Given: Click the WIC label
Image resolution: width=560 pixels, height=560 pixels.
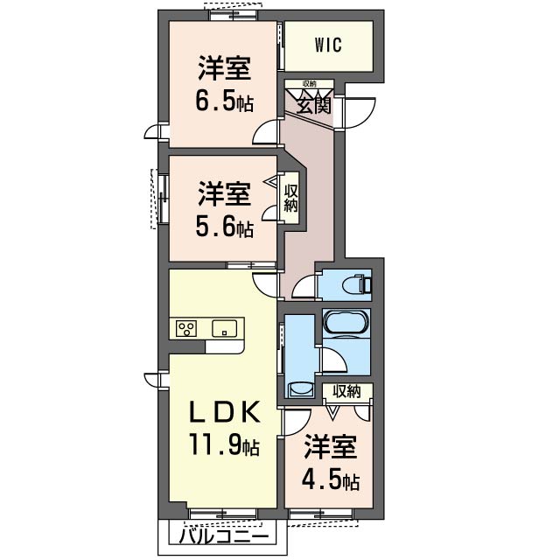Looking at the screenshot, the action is click(329, 45).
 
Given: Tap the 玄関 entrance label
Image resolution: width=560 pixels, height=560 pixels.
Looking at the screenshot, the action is click(313, 105).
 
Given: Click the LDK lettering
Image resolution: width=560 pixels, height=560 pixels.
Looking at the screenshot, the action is click(224, 412).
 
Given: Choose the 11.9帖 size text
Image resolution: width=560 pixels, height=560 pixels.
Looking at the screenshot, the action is click(224, 444).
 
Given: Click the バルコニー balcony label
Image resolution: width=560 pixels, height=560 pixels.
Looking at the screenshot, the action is click(224, 535).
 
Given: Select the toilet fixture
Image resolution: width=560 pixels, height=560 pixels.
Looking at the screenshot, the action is click(356, 284).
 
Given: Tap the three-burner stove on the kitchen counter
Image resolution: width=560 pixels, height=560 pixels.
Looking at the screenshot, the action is click(186, 328).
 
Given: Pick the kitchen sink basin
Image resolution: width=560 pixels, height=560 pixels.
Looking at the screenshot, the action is click(224, 328).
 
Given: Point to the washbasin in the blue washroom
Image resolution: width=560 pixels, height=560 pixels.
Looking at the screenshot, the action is click(301, 389).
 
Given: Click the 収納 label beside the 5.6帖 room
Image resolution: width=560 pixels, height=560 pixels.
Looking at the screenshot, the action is click(290, 199).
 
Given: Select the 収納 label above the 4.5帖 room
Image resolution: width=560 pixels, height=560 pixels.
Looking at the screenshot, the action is click(346, 392).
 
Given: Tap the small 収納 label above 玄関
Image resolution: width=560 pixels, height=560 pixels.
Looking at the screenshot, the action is click(309, 84).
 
